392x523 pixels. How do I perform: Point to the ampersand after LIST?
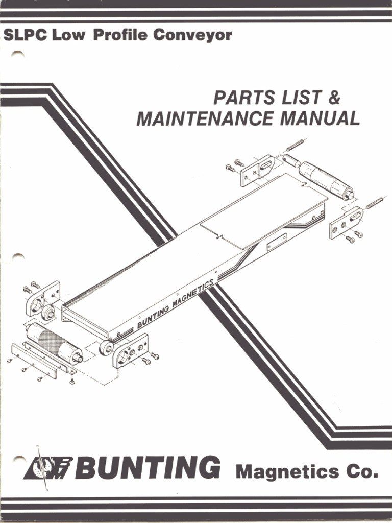334,97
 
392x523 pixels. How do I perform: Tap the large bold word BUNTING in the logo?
148,467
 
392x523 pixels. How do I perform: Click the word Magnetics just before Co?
287,471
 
